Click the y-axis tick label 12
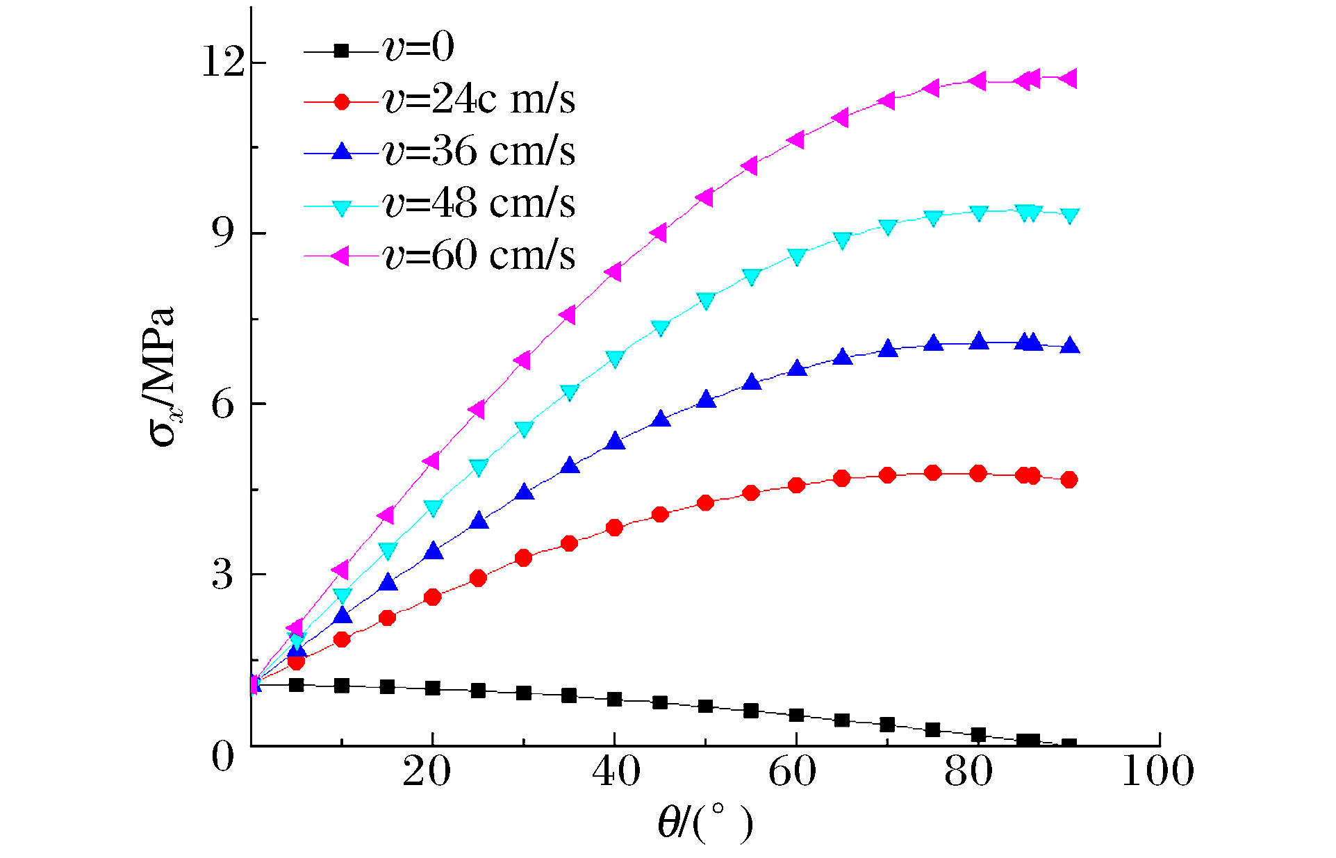tap(224, 63)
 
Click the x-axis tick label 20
tap(427, 771)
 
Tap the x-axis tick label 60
tap(792, 771)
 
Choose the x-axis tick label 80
tap(968, 771)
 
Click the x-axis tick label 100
tap(1157, 771)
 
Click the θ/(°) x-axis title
tap(705, 824)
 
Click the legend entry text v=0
tap(418, 48)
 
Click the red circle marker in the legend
tap(341, 102)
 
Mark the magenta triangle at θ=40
tap(613, 272)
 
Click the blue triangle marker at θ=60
tap(797, 368)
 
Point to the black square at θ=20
tap(432, 688)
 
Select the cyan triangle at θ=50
tap(706, 300)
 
